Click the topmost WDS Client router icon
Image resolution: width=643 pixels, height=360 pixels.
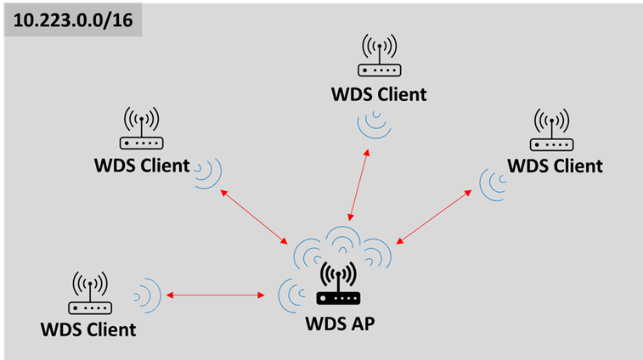coord(379,58)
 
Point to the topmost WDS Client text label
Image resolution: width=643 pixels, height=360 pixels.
coord(379,93)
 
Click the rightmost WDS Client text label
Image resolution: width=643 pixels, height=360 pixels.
coord(554,165)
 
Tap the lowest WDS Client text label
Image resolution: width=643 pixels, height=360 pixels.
coord(88,329)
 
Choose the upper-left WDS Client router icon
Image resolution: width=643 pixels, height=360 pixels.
coord(141,129)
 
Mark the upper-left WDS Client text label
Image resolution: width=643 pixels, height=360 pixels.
coord(141,165)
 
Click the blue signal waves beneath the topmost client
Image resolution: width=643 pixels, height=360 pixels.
coord(375,126)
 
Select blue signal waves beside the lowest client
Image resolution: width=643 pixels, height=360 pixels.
coord(149,295)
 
